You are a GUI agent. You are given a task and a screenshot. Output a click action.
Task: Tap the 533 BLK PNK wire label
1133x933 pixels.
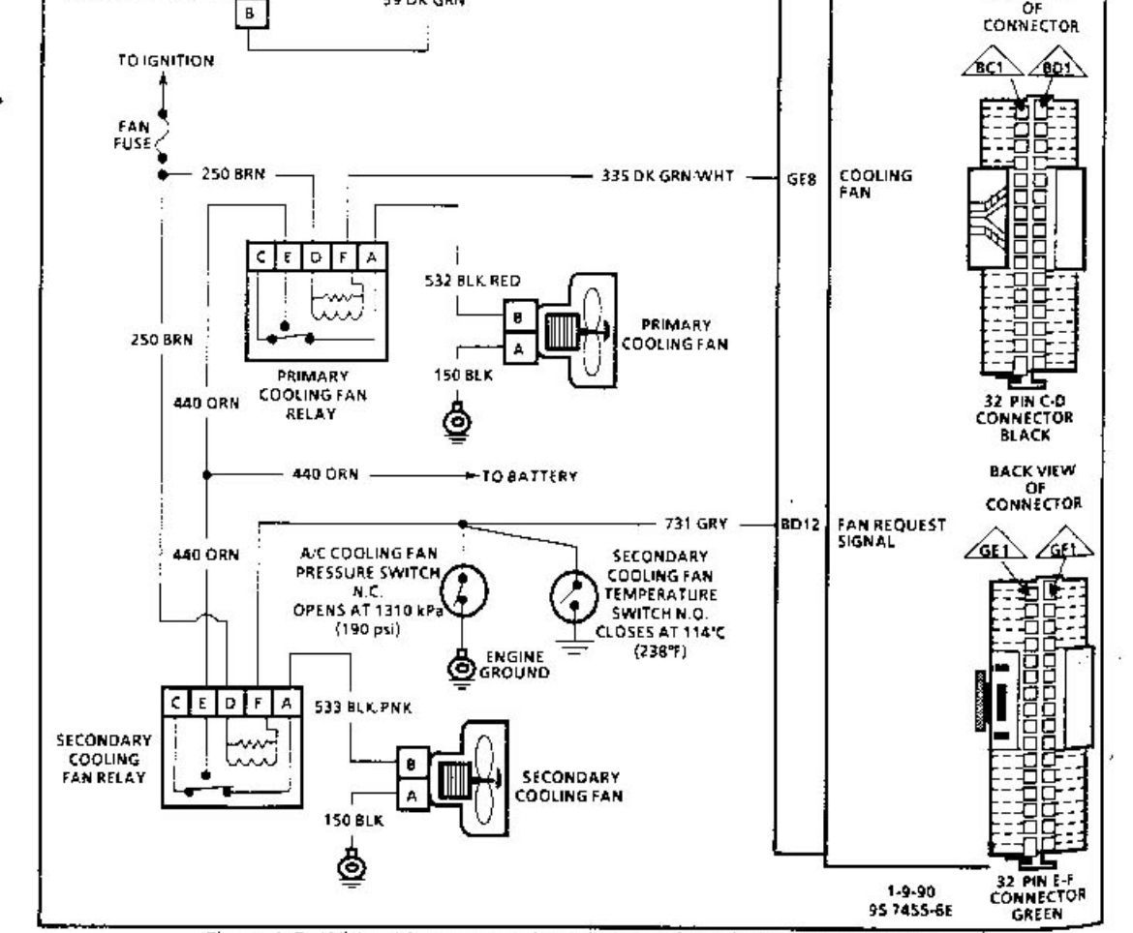(362, 707)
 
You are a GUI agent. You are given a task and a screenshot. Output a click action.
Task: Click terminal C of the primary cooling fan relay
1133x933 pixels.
(262, 256)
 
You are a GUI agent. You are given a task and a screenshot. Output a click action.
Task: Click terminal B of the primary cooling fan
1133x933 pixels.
(519, 316)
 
